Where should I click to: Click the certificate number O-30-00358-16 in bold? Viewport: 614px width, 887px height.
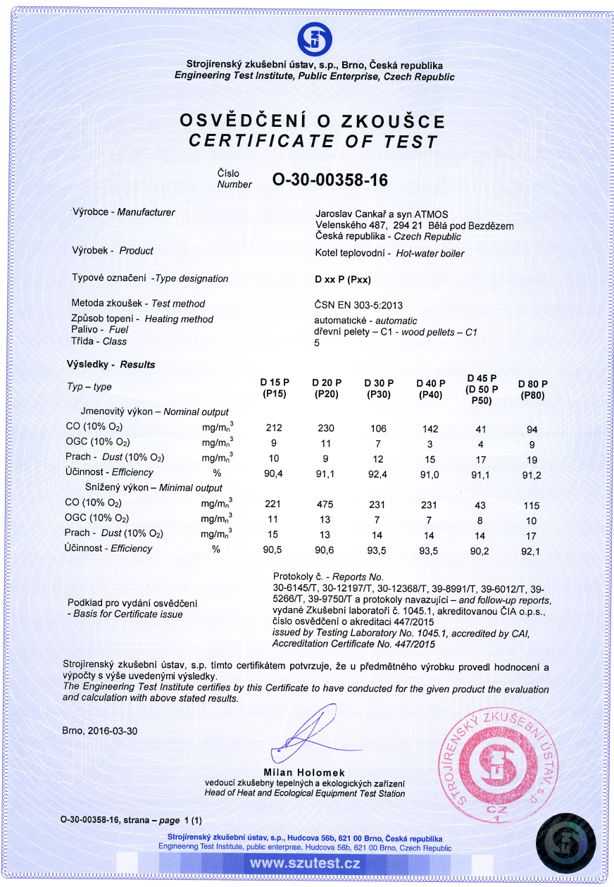tap(330, 180)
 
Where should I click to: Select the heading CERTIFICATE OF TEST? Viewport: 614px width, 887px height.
tap(313, 141)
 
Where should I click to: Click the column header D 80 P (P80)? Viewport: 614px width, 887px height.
tap(532, 390)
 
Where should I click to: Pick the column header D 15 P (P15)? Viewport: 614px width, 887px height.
tap(274, 389)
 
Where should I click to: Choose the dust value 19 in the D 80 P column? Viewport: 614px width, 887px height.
tap(532, 458)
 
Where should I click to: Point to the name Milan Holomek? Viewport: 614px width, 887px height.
tap(305, 773)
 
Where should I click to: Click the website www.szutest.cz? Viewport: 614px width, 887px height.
tap(305, 863)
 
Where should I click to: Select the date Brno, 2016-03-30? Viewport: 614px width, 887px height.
tap(100, 731)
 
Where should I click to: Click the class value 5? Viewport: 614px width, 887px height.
tap(317, 343)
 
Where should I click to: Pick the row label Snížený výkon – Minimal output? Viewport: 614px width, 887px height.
tap(154, 488)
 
